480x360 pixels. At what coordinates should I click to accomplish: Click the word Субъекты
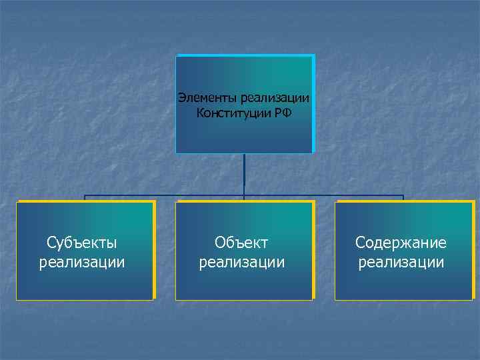click(x=82, y=242)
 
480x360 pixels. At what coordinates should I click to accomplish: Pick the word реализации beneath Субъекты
click(x=82, y=262)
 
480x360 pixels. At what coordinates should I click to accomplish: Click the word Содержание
click(x=401, y=242)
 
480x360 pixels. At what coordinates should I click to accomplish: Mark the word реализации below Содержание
click(x=401, y=262)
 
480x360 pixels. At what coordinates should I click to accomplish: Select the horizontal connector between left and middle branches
click(x=163, y=195)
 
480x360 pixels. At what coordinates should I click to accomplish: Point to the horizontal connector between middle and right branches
click(x=324, y=195)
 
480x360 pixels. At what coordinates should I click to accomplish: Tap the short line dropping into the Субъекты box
click(x=85, y=198)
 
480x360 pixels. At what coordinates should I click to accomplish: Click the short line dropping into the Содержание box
click(x=403, y=198)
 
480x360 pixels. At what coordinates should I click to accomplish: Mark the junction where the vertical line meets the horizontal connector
click(x=244, y=195)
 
